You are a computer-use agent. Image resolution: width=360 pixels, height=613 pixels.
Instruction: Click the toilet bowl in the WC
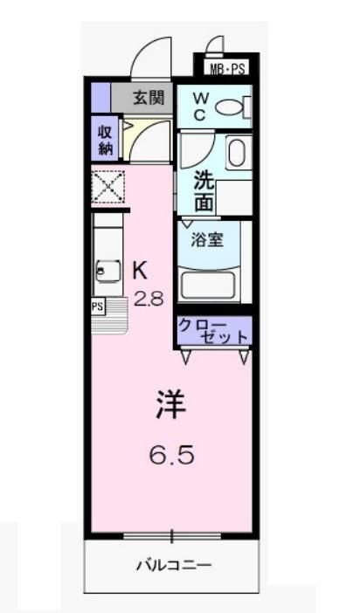(231, 108)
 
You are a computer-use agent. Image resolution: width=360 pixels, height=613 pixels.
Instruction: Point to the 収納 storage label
(105, 139)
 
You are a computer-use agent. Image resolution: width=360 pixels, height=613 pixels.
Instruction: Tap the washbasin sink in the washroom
(238, 153)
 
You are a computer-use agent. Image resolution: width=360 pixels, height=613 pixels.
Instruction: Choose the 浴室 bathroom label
(207, 238)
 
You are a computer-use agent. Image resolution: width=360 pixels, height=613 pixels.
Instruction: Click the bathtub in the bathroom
(211, 285)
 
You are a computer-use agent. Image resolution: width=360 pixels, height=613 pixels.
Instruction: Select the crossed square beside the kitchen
(108, 186)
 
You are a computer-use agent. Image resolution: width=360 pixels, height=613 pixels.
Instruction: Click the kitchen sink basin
(107, 271)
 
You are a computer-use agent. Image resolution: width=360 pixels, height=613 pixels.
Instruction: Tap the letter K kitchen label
(139, 271)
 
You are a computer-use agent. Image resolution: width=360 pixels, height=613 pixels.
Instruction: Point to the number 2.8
(148, 299)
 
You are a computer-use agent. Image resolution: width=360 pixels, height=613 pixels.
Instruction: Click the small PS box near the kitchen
(98, 306)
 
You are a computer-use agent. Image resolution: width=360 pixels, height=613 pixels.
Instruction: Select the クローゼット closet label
(213, 330)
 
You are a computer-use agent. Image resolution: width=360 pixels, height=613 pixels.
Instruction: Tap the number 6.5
(170, 454)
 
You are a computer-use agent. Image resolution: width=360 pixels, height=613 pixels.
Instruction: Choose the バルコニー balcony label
(172, 565)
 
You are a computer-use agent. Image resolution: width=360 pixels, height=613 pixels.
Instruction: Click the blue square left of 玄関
(100, 97)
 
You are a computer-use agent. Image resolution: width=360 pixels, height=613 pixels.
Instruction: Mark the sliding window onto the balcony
(172, 534)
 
